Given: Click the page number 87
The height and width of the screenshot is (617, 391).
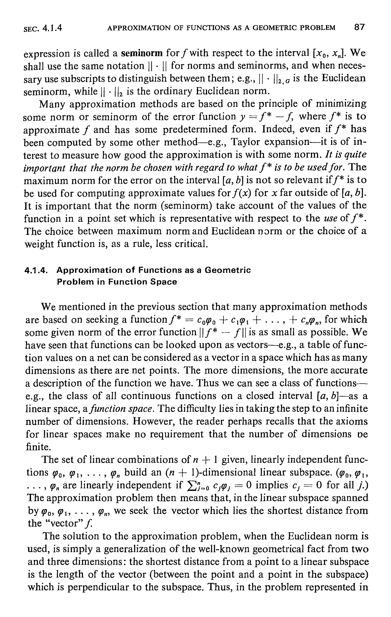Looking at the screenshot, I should coord(359,27).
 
